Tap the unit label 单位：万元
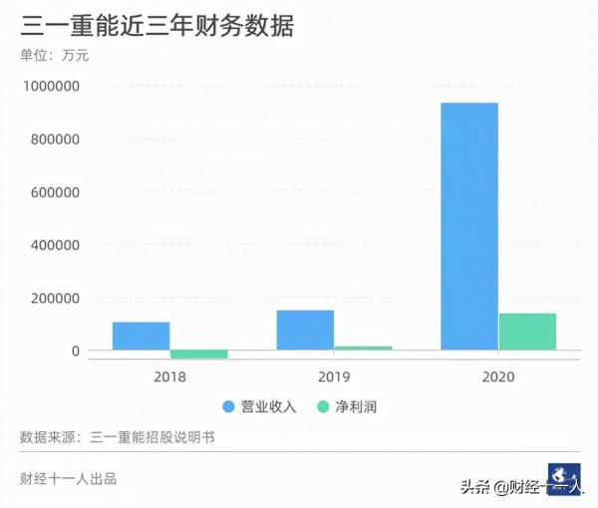(x=55, y=56)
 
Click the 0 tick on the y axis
(x=75, y=351)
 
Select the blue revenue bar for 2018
(x=141, y=336)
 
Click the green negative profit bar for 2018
(x=198, y=354)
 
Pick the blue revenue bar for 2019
(x=305, y=330)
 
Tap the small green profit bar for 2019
(x=363, y=348)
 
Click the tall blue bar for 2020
(x=469, y=226)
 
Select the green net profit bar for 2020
(x=527, y=332)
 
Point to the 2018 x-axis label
(x=169, y=378)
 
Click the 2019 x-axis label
(x=334, y=378)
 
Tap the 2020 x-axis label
(x=498, y=378)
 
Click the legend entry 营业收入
(x=260, y=406)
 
